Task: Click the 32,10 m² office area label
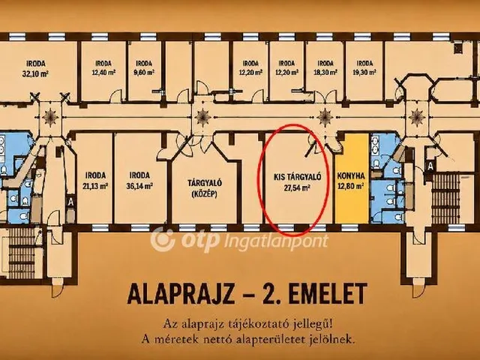(x=36, y=68)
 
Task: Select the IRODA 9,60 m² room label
(x=144, y=68)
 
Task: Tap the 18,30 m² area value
(x=325, y=73)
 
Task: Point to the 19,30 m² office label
(x=364, y=68)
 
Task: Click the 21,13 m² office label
(x=95, y=181)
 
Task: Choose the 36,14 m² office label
(x=140, y=181)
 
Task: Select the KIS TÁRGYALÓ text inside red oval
(x=297, y=177)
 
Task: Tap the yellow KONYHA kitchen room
(x=351, y=178)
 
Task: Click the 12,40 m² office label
(x=103, y=68)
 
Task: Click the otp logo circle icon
(x=163, y=239)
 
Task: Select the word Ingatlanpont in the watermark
(x=276, y=241)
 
